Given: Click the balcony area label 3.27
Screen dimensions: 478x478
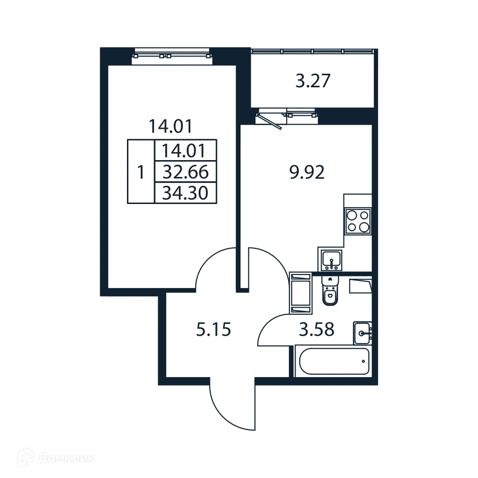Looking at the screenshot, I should [x=313, y=81].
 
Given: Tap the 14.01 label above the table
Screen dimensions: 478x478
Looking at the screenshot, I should [x=170, y=126].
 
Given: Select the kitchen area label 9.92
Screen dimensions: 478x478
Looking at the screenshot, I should [x=307, y=173].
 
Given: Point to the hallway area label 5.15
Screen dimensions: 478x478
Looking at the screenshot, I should [x=213, y=330].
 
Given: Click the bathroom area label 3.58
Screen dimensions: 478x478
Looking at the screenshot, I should [x=317, y=330].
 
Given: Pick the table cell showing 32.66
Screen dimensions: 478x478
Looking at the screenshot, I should [x=185, y=173].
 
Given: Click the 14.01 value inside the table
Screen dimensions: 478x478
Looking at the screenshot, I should [x=185, y=151].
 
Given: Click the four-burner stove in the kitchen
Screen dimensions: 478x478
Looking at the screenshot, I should [x=358, y=221].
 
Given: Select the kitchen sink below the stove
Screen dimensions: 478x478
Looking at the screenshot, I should [x=330, y=260].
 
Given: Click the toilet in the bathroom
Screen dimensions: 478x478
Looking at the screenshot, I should [x=330, y=293].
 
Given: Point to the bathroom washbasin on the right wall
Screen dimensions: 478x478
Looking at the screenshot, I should [x=362, y=332].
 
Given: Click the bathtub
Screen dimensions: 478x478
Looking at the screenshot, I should [x=333, y=361].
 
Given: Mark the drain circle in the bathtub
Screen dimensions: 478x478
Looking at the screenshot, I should [x=363, y=361].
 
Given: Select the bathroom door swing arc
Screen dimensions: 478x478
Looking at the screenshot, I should [x=275, y=329].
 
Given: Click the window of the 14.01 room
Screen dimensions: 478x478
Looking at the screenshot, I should [x=172, y=56].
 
